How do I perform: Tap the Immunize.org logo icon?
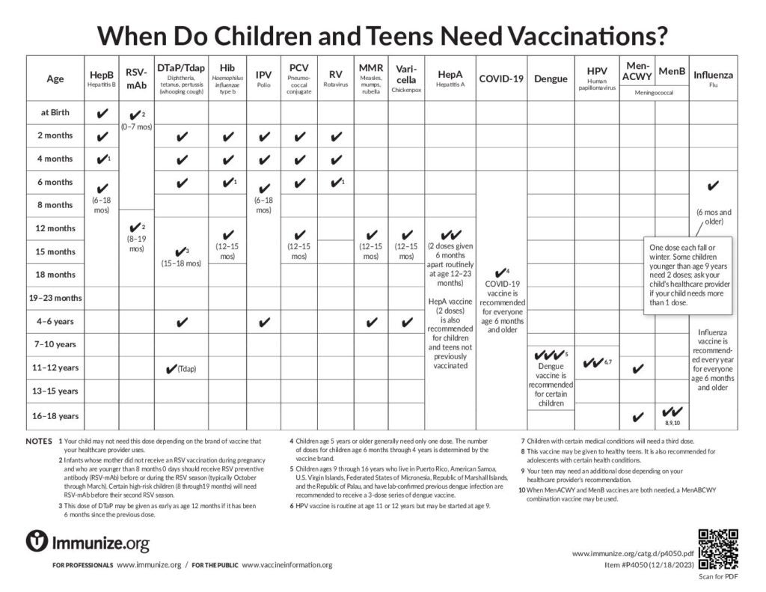(x=37, y=541)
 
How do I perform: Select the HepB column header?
(x=102, y=78)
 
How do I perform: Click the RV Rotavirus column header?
(x=335, y=77)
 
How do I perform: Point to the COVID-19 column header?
(x=500, y=78)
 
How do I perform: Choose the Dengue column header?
(x=551, y=78)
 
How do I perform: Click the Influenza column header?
(x=712, y=78)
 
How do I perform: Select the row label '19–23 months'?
(x=56, y=298)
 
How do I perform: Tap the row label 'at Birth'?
(x=56, y=113)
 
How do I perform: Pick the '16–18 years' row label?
(x=56, y=415)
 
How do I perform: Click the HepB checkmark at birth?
(x=102, y=114)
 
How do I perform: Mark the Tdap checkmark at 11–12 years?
(x=170, y=369)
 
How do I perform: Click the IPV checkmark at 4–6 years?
(x=263, y=323)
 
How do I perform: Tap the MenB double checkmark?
(x=672, y=412)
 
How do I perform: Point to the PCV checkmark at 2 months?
(x=299, y=137)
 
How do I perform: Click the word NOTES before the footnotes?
(x=39, y=441)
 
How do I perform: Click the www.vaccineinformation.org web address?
(x=287, y=565)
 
